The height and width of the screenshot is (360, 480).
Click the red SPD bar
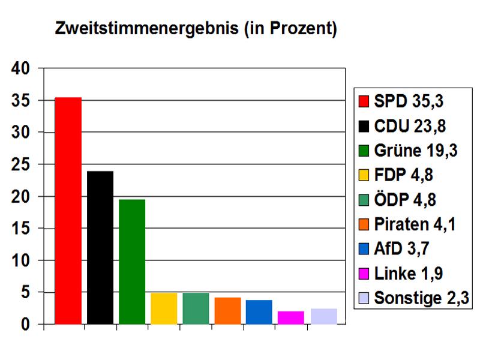click(x=68, y=210)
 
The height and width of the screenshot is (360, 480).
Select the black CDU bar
click(x=100, y=247)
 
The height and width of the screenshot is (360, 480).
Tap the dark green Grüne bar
click(x=132, y=262)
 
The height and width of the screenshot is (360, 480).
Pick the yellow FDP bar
click(x=164, y=308)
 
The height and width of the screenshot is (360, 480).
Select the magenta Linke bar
click(x=291, y=317)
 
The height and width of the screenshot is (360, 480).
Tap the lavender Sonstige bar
click(x=323, y=316)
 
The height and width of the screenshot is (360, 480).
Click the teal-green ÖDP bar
click(x=196, y=308)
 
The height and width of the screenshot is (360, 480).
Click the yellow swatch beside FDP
click(x=363, y=175)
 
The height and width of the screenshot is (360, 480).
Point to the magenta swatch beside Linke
click(x=363, y=274)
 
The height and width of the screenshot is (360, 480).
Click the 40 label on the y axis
click(x=21, y=68)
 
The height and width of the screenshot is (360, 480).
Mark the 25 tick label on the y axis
click(x=21, y=164)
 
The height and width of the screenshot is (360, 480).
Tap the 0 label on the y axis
click(x=26, y=325)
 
